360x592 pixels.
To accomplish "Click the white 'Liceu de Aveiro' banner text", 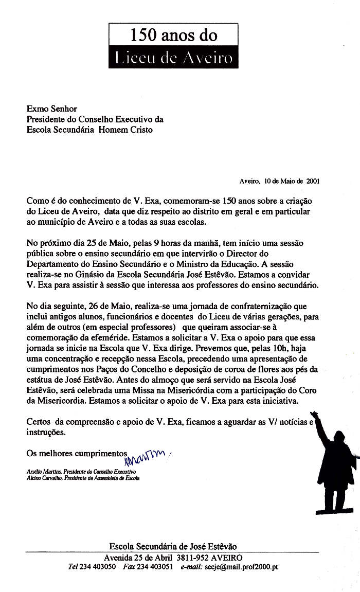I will click(x=173, y=58).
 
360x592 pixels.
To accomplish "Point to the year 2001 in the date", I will click(x=313, y=181).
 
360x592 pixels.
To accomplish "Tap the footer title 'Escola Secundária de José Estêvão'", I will click(x=173, y=546).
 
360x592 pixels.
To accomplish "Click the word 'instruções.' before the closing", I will click(x=46, y=432).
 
